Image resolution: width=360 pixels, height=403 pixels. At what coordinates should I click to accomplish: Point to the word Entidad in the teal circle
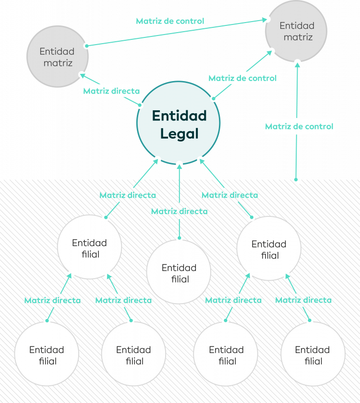point(179,116)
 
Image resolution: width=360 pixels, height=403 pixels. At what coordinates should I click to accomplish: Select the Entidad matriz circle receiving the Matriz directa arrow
point(57,57)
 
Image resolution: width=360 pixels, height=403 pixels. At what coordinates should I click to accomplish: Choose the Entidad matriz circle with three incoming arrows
point(296,31)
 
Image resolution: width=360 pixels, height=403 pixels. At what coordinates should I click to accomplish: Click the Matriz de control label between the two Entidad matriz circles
point(170,21)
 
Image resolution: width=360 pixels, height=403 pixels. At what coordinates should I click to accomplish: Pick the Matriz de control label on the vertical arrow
point(299,127)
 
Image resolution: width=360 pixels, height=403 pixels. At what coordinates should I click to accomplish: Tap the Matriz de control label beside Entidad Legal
point(243,78)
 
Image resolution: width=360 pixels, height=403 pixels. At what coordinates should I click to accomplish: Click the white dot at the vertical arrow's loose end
point(297,181)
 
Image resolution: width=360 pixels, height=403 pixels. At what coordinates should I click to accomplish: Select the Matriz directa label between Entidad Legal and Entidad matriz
point(111,91)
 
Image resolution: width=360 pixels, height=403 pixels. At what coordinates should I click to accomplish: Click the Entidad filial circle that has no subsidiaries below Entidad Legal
point(179,272)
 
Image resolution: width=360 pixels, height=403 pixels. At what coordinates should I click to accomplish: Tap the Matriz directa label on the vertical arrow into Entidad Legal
point(179,211)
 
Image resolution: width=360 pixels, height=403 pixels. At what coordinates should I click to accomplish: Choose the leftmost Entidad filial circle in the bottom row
point(47,354)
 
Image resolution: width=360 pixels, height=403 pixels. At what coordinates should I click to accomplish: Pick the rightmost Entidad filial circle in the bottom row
point(312,354)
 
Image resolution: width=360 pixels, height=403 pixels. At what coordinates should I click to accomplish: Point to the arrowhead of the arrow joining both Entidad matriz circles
point(265,20)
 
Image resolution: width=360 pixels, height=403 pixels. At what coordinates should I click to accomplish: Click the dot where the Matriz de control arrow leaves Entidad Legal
point(214,98)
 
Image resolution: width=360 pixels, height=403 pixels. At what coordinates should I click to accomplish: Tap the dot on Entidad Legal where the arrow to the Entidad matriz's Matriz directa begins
point(140,105)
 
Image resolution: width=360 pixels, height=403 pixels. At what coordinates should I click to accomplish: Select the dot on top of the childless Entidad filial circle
point(179,237)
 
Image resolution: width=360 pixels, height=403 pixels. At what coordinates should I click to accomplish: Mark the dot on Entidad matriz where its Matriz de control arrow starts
point(87,46)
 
